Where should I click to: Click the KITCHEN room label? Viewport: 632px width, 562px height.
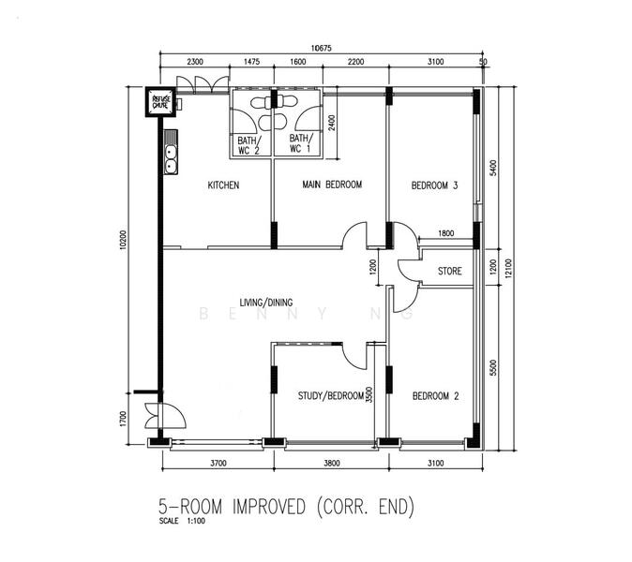223,185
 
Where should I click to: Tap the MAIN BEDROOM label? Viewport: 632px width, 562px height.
331,185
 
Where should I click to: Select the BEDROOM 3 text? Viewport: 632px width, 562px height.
434,186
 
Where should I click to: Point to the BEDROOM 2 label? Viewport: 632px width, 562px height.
435,396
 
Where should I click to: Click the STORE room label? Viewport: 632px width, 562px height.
449,272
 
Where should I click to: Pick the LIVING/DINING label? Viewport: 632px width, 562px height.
266,302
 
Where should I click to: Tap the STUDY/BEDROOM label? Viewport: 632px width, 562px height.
330,396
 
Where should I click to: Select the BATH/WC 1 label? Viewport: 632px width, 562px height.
299,143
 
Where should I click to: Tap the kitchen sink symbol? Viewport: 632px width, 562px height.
172,159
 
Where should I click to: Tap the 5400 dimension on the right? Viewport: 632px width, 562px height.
493,169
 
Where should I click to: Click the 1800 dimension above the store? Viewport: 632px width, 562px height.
445,233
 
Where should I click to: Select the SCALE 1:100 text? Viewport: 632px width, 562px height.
181,521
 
